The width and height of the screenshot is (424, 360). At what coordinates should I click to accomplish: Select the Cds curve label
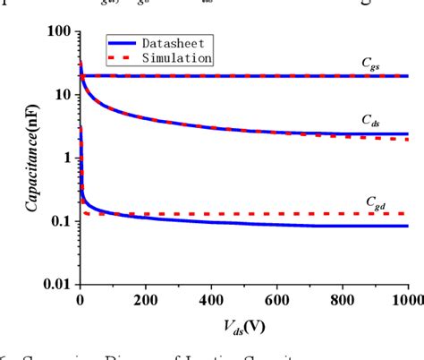click(x=370, y=119)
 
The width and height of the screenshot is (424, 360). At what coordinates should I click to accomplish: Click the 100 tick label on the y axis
click(x=59, y=31)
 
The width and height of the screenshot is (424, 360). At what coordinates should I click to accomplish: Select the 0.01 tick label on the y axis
click(x=56, y=285)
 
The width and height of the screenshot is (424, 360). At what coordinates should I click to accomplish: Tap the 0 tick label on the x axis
click(x=81, y=300)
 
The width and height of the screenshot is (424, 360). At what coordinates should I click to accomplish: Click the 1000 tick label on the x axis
click(x=405, y=300)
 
